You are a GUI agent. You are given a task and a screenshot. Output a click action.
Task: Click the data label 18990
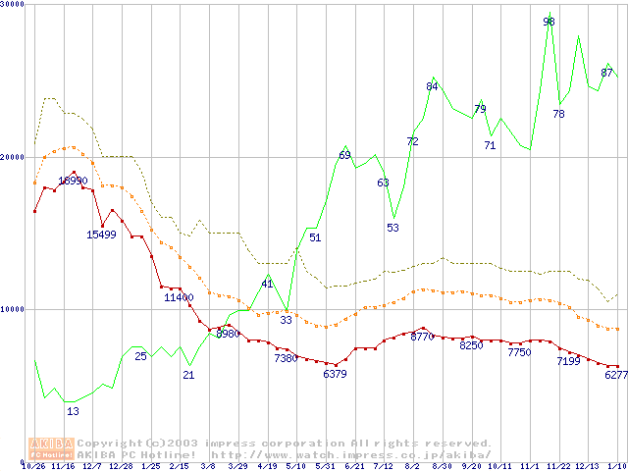tap(73, 181)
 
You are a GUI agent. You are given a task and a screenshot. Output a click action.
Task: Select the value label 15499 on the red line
tap(101, 235)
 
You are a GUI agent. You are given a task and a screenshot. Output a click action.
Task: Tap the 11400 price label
tap(179, 297)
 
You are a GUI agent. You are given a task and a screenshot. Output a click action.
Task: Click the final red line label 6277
tap(616, 374)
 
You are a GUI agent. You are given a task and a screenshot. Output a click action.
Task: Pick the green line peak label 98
tap(549, 22)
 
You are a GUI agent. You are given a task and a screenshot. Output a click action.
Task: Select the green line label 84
tap(432, 86)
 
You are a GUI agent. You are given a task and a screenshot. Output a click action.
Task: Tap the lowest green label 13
tap(73, 411)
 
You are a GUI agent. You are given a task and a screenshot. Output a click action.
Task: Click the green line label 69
tap(344, 155)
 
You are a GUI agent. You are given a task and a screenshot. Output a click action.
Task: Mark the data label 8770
tap(422, 337)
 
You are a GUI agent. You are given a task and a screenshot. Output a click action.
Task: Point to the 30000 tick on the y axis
tap(14, 5)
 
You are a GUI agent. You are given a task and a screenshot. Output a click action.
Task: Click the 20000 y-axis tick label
tap(14, 157)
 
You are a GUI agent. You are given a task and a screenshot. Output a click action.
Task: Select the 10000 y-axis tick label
tap(14, 309)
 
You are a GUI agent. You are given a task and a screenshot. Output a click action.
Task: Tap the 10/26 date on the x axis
tap(34, 466)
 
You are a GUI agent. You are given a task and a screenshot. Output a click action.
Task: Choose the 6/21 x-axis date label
tap(355, 466)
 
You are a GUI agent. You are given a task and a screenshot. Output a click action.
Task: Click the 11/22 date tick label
tap(560, 466)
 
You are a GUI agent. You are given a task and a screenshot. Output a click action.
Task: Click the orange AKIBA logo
tap(51, 448)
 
